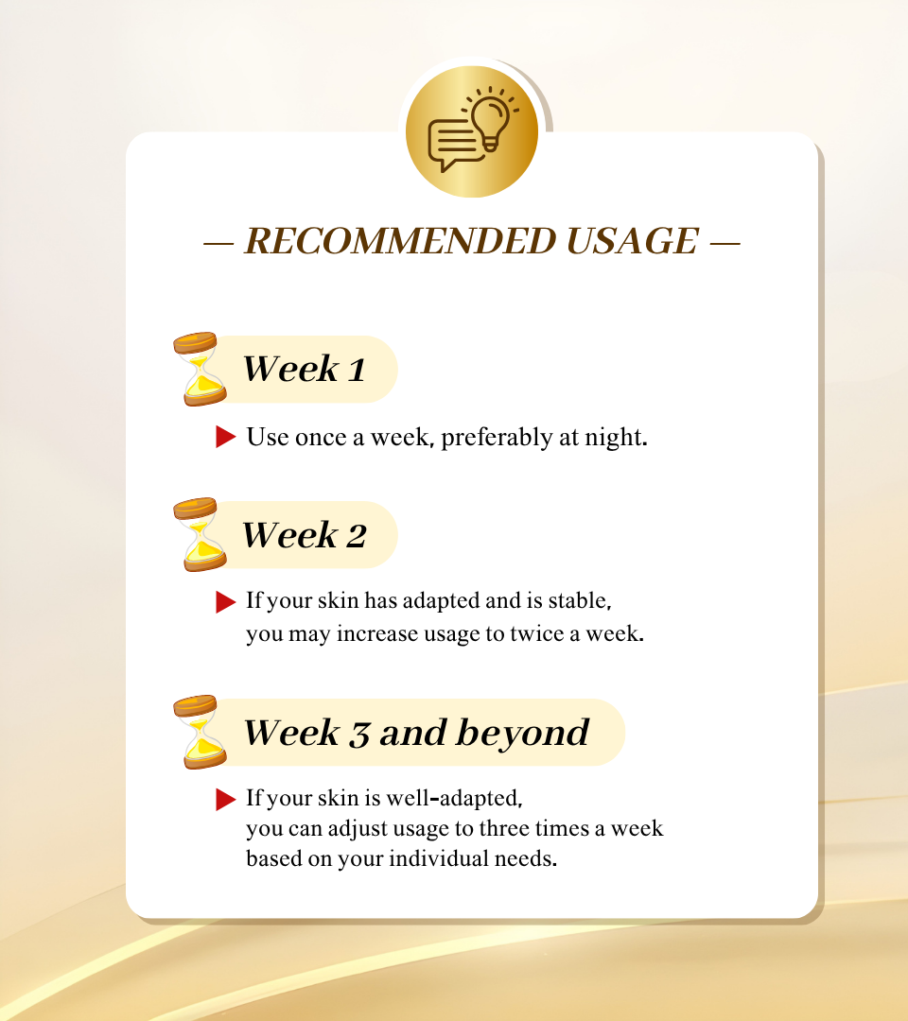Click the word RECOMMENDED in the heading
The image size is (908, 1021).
(400, 241)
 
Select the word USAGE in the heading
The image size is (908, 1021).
(633, 241)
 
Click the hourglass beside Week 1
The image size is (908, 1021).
(200, 369)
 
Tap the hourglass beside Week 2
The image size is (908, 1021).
(200, 534)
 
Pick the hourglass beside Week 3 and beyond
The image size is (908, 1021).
(200, 732)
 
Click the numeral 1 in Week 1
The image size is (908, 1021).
(357, 370)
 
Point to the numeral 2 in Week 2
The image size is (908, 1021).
(357, 537)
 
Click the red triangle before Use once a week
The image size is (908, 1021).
(225, 436)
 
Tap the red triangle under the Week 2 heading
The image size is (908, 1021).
(225, 602)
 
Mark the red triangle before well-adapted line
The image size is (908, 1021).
(225, 799)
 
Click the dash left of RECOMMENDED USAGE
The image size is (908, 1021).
(218, 244)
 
